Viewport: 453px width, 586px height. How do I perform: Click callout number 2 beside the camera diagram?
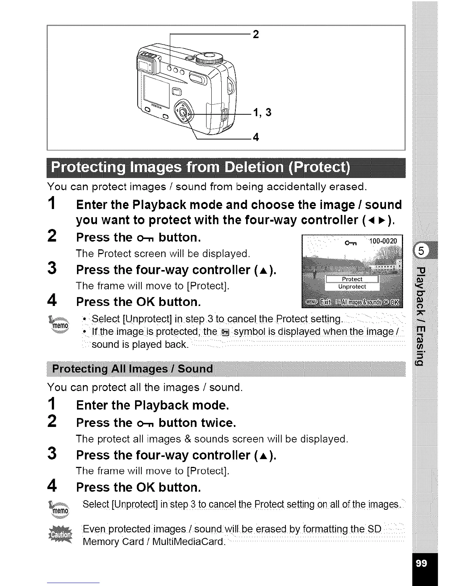pos(255,34)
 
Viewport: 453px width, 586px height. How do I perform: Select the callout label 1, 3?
pos(262,112)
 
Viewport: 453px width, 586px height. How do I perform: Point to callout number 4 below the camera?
pos(255,138)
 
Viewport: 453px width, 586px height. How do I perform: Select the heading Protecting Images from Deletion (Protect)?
pos(200,168)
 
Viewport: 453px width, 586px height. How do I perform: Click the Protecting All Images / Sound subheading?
pos(132,369)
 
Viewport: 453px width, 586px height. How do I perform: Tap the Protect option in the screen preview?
pos(352,279)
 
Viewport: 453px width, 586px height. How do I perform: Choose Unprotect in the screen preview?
pos(352,287)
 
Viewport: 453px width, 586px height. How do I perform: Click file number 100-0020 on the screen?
pos(383,242)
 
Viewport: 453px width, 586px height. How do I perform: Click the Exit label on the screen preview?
pos(325,302)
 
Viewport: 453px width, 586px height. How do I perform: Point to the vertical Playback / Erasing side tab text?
pos(422,314)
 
